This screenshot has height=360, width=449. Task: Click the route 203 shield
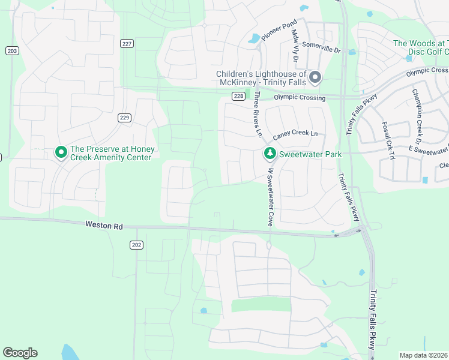11,51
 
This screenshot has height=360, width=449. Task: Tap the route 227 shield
126,43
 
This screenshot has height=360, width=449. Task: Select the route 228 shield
238,97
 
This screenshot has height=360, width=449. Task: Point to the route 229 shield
124,118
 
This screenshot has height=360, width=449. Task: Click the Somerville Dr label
321,46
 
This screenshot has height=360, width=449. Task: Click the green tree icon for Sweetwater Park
270,154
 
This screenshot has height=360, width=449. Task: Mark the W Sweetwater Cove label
271,196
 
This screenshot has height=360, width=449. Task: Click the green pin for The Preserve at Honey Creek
61,153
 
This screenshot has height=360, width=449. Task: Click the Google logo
20,353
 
